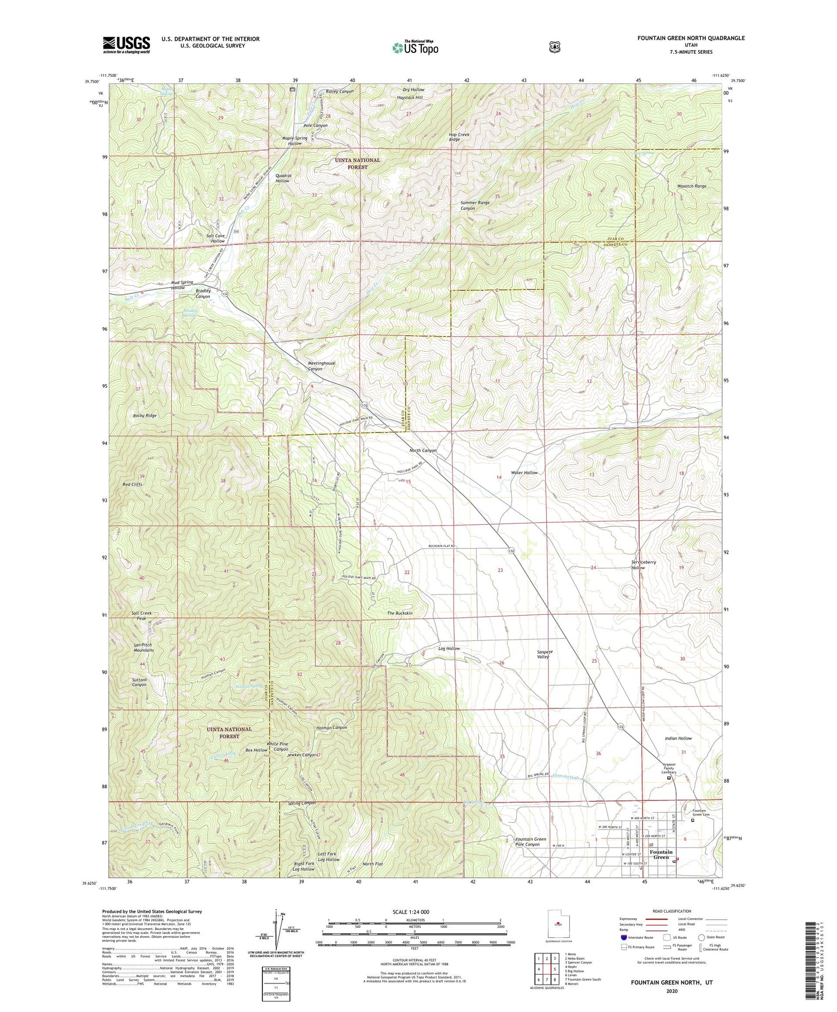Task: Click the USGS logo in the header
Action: [x=126, y=45]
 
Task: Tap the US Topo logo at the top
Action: [x=415, y=47]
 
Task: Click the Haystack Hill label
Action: [x=410, y=98]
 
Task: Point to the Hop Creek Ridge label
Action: [x=455, y=137]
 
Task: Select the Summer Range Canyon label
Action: [x=475, y=205]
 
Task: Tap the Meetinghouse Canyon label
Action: [x=321, y=366]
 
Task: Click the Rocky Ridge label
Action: [x=145, y=416]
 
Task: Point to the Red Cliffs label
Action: [x=132, y=485]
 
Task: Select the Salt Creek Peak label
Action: [x=141, y=616]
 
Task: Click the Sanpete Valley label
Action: [x=543, y=654]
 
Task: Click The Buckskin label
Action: [x=400, y=613]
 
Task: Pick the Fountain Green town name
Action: [x=661, y=855]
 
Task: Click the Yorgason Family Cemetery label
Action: [x=668, y=768]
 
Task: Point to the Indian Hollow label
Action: [x=678, y=738]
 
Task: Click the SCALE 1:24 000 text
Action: [x=415, y=912]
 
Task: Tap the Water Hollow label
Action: [x=524, y=473]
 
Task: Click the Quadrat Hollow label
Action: [x=282, y=178]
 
